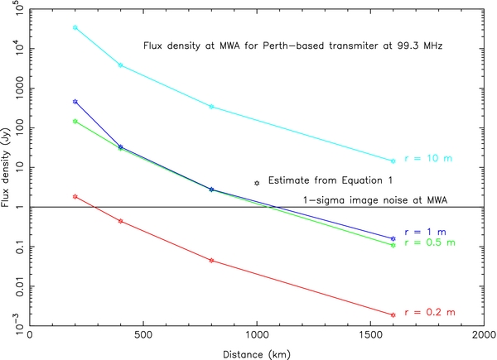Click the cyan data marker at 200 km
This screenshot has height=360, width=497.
[75, 27]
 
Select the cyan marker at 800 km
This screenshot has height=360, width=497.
[211, 107]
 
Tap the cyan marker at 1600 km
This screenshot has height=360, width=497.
[393, 161]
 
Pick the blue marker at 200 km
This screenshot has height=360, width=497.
[75, 102]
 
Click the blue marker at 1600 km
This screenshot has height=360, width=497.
[393, 238]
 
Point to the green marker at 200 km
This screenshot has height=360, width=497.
[75, 122]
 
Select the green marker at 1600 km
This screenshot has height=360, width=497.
[393, 245]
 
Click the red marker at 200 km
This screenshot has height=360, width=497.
[75, 196]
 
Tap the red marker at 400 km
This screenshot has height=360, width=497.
[121, 221]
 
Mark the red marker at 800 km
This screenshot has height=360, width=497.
[211, 261]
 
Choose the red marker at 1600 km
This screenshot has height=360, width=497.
[393, 314]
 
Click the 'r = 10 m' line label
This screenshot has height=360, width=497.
[427, 158]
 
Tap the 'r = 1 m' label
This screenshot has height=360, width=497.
[424, 232]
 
